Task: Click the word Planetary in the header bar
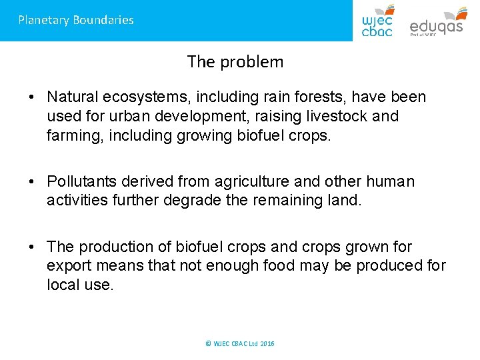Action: coord(43,20)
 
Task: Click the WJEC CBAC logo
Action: coord(377,20)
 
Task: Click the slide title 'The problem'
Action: coord(235,62)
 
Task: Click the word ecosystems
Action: coord(145,97)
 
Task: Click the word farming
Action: coord(72,135)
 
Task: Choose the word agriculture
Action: coord(251,181)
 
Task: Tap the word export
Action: coord(66,265)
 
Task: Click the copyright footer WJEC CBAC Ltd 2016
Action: coord(240,343)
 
